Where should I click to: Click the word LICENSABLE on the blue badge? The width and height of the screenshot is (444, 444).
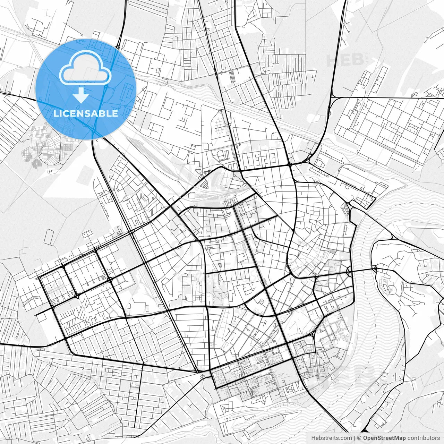pos(85,114)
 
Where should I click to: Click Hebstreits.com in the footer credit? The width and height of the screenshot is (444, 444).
pos(331,438)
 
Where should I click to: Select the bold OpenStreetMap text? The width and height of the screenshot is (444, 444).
pos(384,438)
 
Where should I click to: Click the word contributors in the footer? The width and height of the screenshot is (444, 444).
pos(424,438)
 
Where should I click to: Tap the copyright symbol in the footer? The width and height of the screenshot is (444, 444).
pos(359,438)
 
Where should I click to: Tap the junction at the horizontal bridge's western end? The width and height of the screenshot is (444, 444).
pos(349,271)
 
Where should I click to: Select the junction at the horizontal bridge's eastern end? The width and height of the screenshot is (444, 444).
pos(375,268)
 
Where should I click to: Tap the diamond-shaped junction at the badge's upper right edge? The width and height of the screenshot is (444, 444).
pos(118,46)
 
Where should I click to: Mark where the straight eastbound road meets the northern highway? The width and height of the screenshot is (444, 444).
pos(332,97)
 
